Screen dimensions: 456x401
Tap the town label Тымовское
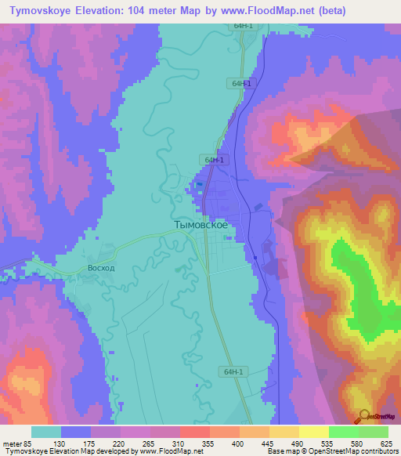coord(200,224)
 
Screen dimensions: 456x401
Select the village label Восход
coord(101,267)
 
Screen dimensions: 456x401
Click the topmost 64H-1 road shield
coord(242,26)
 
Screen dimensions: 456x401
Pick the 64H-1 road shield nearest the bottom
coord(232,372)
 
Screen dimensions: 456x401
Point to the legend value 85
coord(27,443)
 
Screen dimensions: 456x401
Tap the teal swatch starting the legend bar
coord(46,432)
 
